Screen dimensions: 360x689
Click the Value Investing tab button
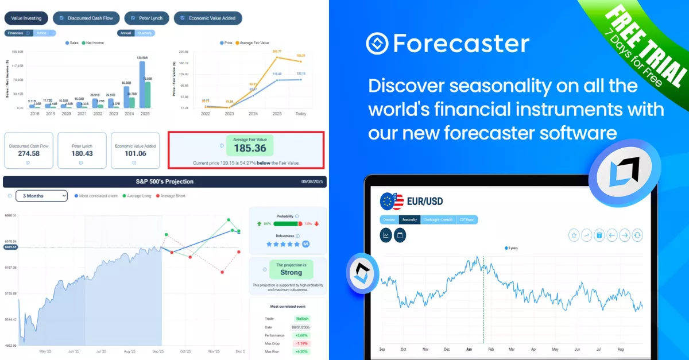26,18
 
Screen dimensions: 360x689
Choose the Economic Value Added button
208,18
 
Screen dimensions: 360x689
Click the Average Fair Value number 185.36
250,148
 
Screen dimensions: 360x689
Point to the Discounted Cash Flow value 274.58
28,153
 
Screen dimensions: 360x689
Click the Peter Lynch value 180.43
82,153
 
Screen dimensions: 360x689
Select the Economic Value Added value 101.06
135,153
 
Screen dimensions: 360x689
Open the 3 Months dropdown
41,196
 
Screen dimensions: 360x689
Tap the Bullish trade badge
302,319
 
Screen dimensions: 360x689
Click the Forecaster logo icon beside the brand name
377,44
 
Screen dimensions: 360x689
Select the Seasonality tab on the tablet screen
409,220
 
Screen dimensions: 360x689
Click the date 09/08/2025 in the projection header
312,181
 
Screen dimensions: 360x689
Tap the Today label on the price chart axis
301,114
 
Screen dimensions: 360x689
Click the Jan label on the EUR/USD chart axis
469,349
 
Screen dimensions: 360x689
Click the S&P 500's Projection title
164,181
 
